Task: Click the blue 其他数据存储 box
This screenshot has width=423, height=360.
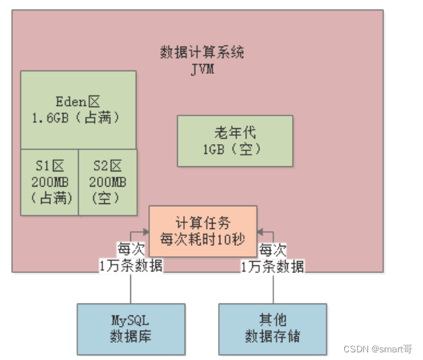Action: (x=272, y=328)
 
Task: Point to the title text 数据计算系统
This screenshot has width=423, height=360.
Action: (x=202, y=53)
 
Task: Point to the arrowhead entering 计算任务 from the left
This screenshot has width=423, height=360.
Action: (x=146, y=231)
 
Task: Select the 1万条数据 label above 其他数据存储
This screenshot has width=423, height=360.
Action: (x=272, y=267)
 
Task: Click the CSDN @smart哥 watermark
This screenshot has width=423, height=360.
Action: (x=380, y=348)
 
